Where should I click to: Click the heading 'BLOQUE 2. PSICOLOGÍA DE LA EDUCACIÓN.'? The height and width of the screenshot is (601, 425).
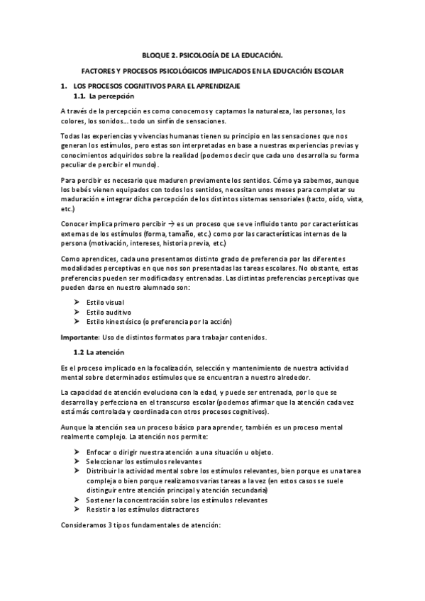(212, 54)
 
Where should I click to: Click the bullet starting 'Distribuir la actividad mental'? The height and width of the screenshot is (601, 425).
(213, 471)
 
